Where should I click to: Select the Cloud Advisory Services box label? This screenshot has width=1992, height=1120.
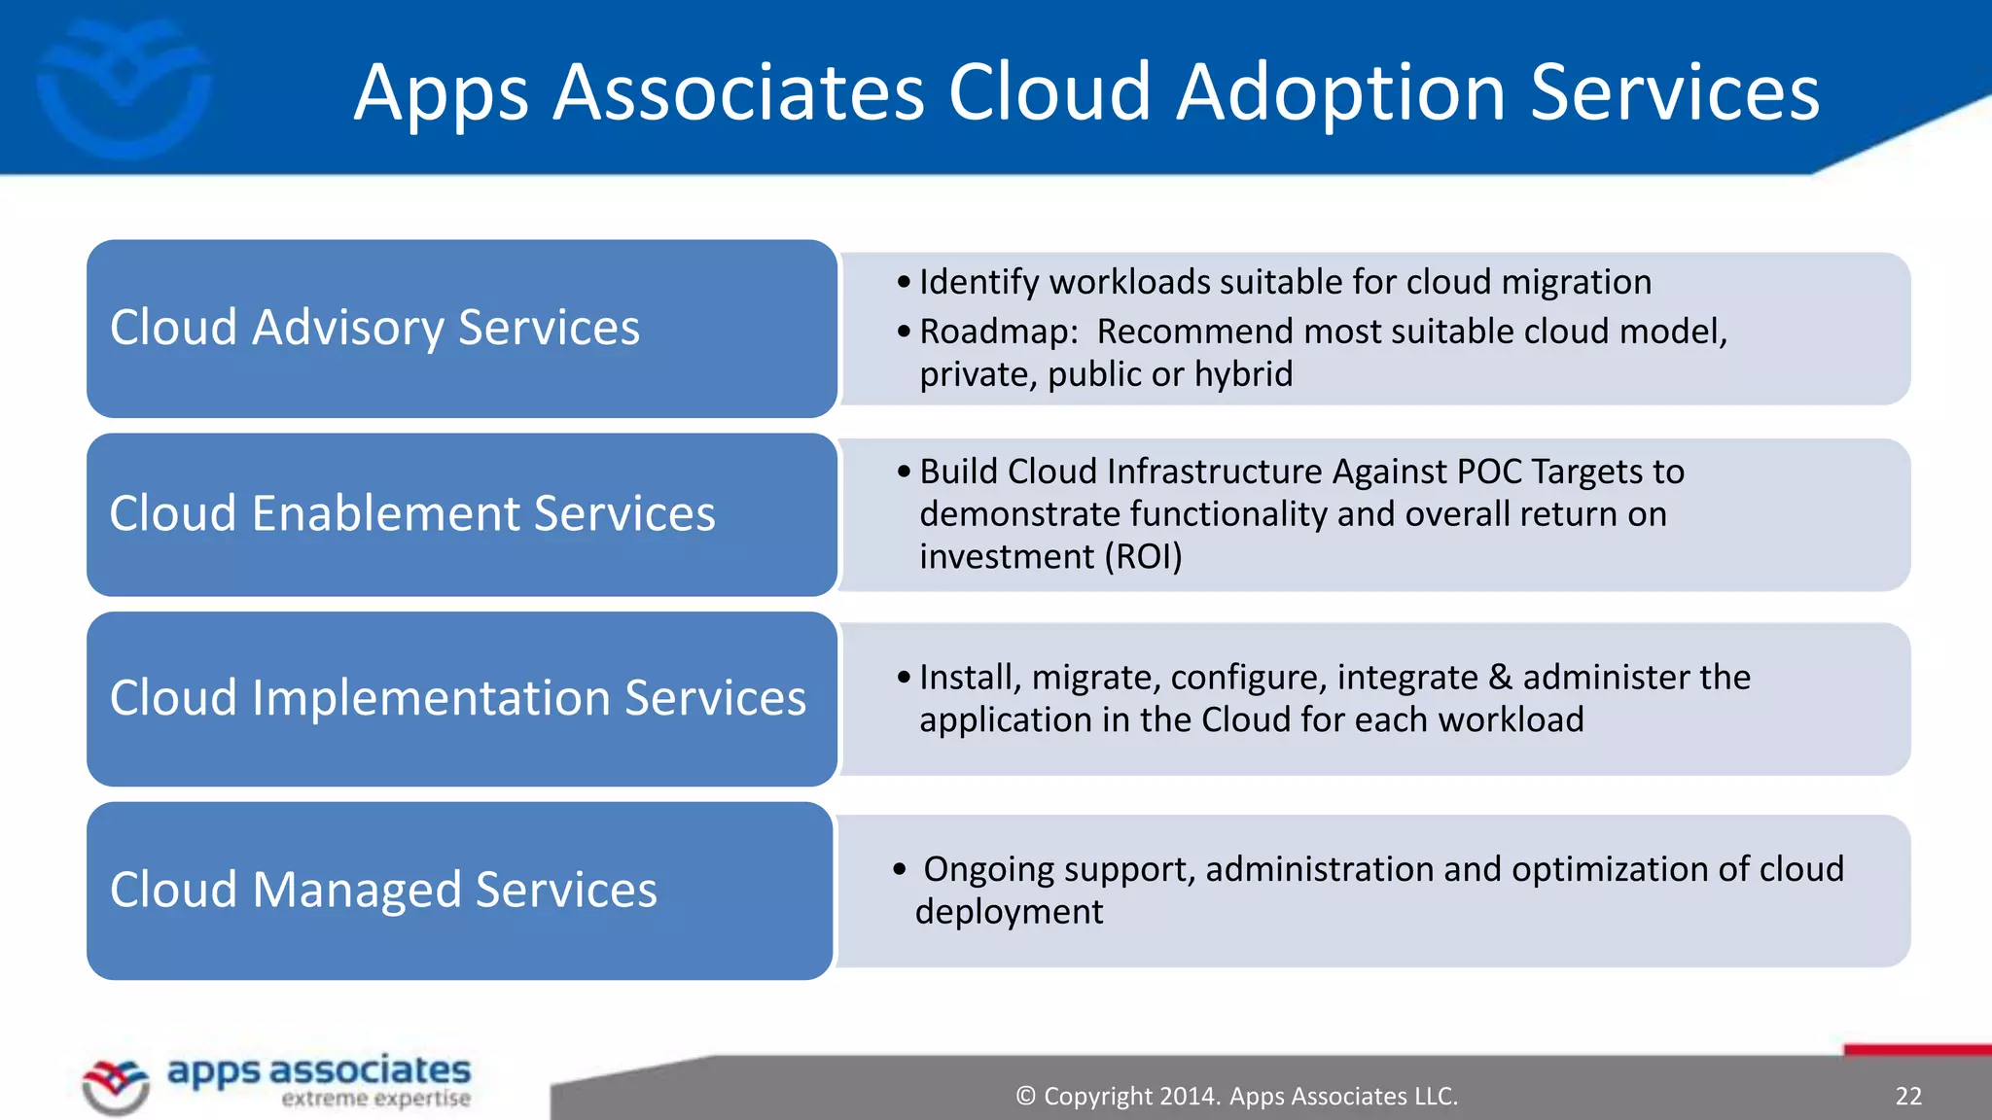[374, 328]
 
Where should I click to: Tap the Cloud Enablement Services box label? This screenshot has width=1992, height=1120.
[411, 513]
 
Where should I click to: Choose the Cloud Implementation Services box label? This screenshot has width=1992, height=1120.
[457, 698]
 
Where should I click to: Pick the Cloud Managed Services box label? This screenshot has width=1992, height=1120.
[383, 890]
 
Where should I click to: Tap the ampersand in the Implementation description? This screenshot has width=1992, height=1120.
[1500, 678]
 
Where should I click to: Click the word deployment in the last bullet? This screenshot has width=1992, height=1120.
[1009, 912]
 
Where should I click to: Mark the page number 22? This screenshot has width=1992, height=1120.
[1908, 1097]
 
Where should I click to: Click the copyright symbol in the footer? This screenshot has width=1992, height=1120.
[1025, 1097]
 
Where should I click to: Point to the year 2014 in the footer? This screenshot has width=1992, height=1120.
[1190, 1097]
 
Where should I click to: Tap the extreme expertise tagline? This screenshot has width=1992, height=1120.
[375, 1099]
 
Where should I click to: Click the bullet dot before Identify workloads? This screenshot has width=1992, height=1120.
[904, 283]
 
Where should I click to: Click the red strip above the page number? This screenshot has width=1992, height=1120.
[1916, 1050]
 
